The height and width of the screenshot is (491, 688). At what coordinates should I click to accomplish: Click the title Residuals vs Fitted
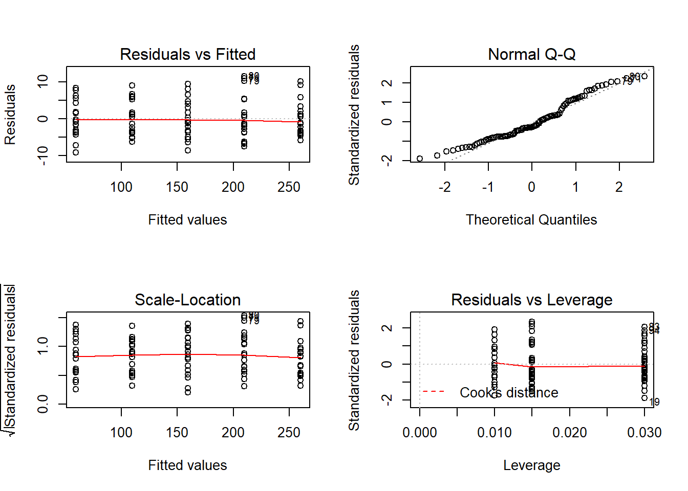[x=187, y=54]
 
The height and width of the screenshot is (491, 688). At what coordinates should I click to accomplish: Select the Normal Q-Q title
[x=531, y=54]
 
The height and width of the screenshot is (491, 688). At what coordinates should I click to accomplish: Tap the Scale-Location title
[x=187, y=300]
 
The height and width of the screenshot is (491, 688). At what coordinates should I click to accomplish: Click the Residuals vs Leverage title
[x=531, y=300]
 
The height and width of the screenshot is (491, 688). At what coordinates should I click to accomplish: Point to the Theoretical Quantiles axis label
[x=531, y=219]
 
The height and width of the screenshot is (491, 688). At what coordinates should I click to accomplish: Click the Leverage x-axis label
[x=531, y=465]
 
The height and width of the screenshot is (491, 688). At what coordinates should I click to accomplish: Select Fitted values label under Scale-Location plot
[x=187, y=465]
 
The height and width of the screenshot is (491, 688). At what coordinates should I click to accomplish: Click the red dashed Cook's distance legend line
[x=433, y=392]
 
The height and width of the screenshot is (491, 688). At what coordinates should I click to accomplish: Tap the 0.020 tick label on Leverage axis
[x=569, y=433]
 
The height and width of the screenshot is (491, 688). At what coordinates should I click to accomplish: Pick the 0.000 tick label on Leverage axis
[x=420, y=433]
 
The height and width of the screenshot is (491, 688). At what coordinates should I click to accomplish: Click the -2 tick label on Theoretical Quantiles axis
[x=444, y=187]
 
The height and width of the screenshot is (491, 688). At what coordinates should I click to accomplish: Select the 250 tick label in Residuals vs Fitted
[x=289, y=187]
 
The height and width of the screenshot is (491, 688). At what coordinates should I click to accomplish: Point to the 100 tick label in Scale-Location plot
[x=121, y=433]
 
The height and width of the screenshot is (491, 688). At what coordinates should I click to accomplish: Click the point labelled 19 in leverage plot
[x=644, y=398]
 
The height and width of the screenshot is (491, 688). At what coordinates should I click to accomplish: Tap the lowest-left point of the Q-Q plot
[x=420, y=159]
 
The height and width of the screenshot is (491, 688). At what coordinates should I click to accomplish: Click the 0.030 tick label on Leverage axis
[x=644, y=433]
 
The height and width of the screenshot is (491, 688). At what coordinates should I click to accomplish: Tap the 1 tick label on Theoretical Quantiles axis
[x=575, y=187]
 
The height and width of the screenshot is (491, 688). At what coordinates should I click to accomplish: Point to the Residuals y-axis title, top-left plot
[x=10, y=115]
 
